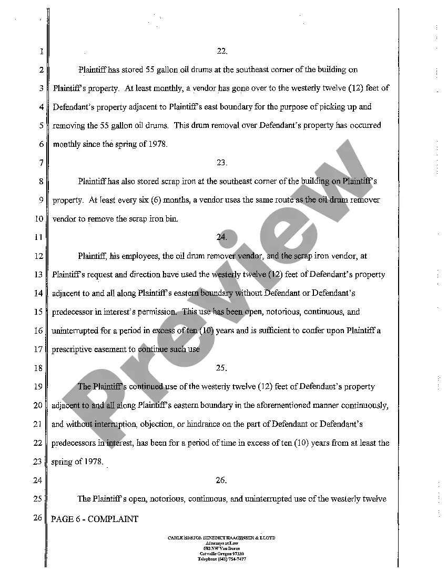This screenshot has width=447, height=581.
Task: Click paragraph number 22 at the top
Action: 221,51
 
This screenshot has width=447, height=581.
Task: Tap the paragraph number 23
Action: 221,163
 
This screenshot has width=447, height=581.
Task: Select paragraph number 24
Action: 221,237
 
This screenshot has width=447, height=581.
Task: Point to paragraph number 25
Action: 221,368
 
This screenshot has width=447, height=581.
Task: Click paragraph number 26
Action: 221,480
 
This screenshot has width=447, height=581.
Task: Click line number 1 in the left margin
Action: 40,52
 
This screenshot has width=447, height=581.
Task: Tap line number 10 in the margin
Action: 38,219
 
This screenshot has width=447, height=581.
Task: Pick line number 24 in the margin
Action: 38,480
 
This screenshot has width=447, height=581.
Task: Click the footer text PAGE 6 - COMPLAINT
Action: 95,519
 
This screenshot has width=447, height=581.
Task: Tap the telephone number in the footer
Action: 221,559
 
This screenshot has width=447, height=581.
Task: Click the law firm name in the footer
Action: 221,538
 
